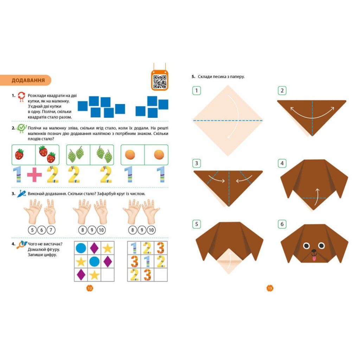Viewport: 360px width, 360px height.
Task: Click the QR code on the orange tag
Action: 160,82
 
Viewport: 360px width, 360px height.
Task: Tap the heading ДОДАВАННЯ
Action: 28,81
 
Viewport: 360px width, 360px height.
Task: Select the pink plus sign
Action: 34,175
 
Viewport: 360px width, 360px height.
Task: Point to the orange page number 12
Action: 90,288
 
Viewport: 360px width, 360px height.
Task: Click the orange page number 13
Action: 270,288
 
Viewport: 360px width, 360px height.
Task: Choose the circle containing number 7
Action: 51,230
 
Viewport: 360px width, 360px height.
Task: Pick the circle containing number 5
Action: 32,230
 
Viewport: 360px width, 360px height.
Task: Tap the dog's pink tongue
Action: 313,259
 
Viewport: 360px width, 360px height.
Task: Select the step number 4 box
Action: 282,163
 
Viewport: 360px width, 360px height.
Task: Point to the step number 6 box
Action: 282,224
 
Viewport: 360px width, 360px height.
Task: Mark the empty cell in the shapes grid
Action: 108,275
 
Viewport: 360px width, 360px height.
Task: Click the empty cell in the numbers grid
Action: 161,275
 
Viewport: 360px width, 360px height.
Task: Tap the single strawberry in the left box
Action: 19,154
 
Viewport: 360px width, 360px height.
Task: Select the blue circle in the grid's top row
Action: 81,248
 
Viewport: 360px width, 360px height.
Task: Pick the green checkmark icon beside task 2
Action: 21,128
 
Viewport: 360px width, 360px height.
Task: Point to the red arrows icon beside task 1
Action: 21,97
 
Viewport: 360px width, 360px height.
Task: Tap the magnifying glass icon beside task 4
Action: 21,245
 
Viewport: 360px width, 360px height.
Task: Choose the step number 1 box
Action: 197,91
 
